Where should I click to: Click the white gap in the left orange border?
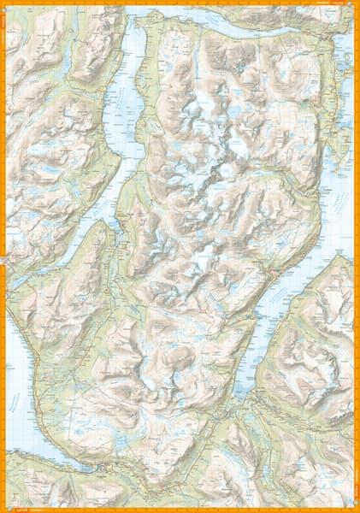click(x=3, y=257)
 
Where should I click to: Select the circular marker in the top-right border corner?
click(x=356, y=4)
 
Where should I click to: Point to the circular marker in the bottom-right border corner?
click(x=356, y=509)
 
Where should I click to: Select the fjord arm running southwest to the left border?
click(x=51, y=256)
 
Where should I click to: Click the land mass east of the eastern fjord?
click(x=316, y=342)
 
